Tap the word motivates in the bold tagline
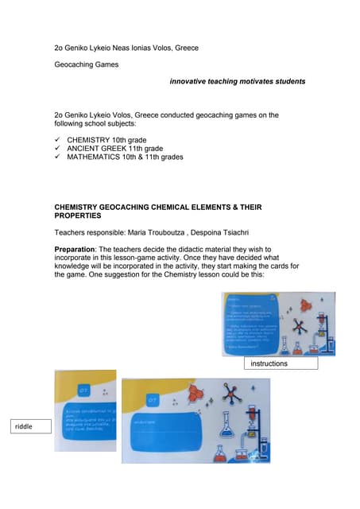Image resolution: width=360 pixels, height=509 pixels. (254, 81)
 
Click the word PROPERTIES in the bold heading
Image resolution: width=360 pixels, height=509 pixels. (78, 216)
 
